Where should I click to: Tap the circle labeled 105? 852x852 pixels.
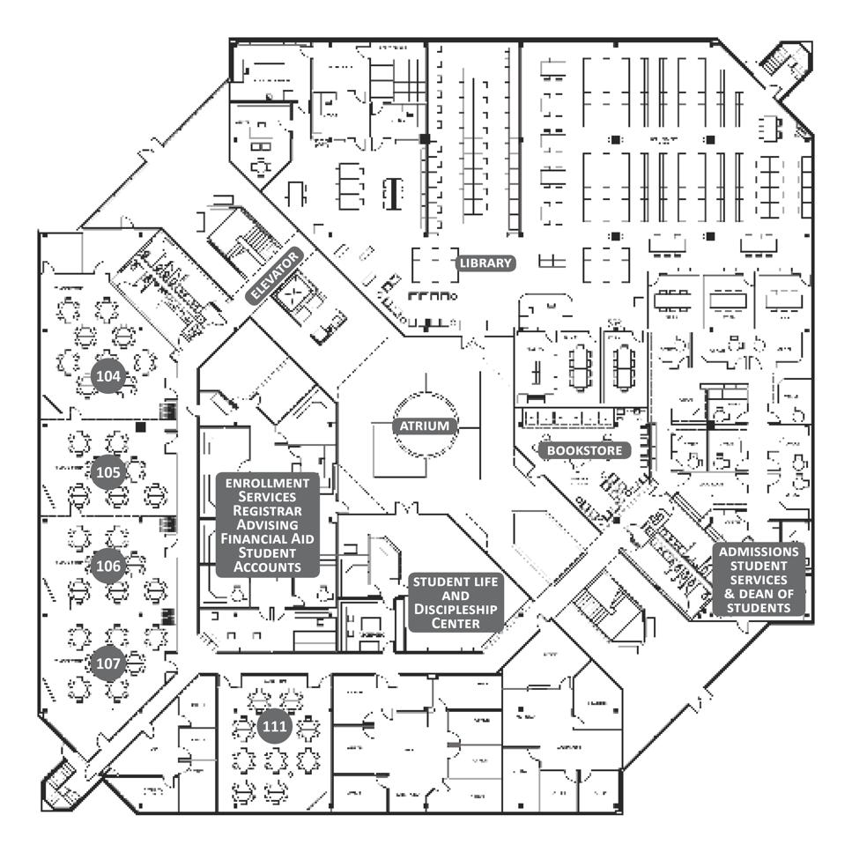point(108,472)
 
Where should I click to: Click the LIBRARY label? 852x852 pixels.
point(485,263)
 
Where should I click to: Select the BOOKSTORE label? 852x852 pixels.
point(584,450)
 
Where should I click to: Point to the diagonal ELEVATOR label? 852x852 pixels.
point(275,276)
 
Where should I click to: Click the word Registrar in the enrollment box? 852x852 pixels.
point(267,511)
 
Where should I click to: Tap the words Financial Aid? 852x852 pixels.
point(267,538)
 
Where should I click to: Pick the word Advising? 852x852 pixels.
point(267,524)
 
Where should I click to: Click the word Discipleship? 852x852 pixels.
point(456,610)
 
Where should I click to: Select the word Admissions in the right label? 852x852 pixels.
point(759,552)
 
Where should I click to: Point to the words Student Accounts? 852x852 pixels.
point(267,559)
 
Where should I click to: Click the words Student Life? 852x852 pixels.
point(456,582)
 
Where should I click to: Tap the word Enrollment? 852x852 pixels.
point(267,483)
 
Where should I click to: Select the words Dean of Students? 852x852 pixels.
point(759,601)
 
